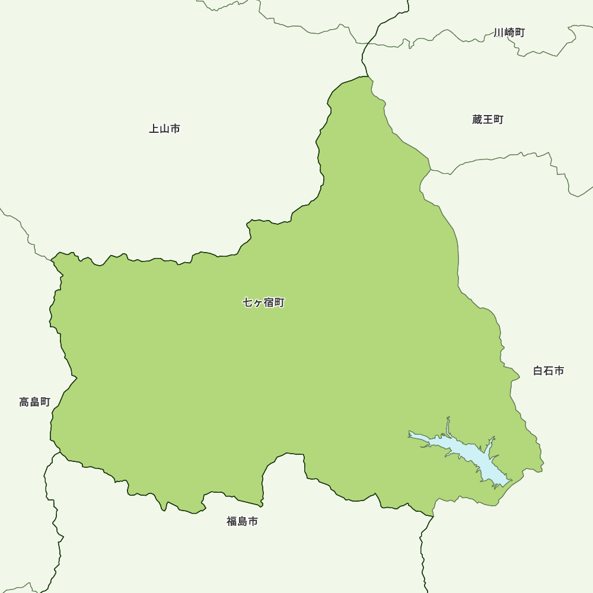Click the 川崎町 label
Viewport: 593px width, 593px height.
pyautogui.click(x=509, y=33)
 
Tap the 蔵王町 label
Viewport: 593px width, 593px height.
pyautogui.click(x=488, y=120)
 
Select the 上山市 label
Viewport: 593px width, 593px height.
pyautogui.click(x=164, y=129)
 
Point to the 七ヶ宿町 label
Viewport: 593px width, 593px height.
pyautogui.click(x=264, y=303)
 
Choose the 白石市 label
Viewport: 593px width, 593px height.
pyautogui.click(x=549, y=371)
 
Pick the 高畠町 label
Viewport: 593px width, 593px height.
pyautogui.click(x=35, y=402)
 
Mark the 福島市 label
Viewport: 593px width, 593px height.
pyautogui.click(x=243, y=522)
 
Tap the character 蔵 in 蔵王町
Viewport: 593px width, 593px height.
pyautogui.click(x=477, y=120)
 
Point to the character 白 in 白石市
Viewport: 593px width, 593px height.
pyautogui.click(x=538, y=371)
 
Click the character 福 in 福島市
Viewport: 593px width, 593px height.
pyautogui.click(x=232, y=522)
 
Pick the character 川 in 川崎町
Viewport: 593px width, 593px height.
pyautogui.click(x=499, y=33)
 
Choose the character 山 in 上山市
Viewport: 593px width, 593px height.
pyautogui.click(x=164, y=129)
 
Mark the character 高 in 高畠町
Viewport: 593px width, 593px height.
pyautogui.click(x=24, y=402)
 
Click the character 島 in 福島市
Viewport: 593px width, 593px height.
pyautogui.click(x=243, y=522)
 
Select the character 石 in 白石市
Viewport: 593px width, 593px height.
pyautogui.click(x=549, y=371)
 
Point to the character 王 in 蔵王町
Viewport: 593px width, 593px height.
pyautogui.click(x=488, y=120)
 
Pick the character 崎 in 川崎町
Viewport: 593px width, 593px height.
pyautogui.click(x=509, y=33)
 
